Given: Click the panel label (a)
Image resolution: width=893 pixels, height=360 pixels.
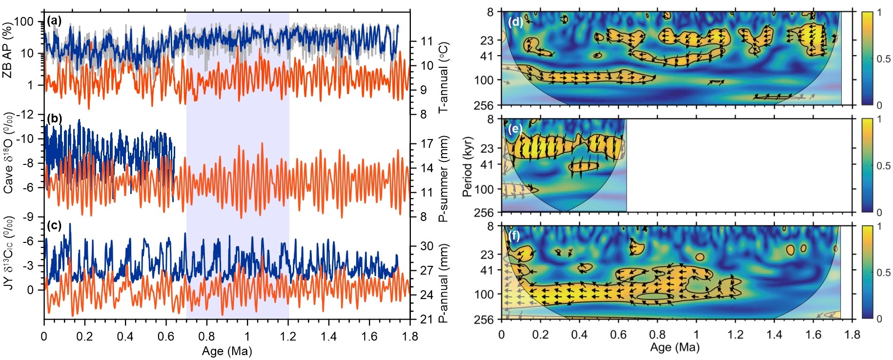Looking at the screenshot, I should [x=54, y=20].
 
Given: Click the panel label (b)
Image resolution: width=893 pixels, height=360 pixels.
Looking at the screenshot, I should [x=54, y=118].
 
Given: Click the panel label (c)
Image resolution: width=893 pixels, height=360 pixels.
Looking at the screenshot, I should [x=54, y=225].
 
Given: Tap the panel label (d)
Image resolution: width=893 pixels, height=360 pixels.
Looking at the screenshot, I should [x=515, y=22].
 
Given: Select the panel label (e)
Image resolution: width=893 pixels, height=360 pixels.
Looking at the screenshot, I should [x=515, y=129].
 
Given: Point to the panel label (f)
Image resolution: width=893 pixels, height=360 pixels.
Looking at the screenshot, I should [x=514, y=236].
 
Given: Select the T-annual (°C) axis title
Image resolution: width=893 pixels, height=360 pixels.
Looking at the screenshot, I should [x=444, y=77].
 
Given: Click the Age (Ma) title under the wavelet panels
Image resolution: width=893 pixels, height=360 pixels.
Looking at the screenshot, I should [x=675, y=347].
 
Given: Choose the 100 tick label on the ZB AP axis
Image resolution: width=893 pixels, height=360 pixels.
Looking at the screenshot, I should [x=23, y=21].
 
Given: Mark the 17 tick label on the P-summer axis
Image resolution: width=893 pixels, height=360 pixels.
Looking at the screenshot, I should [x=427, y=144].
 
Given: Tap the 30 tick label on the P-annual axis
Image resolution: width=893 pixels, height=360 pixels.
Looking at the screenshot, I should [x=427, y=246].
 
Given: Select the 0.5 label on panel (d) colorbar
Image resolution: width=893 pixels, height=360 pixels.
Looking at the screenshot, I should [x=883, y=59].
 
